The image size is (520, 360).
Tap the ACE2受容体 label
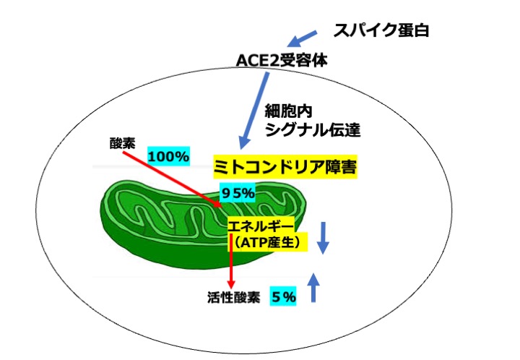coord(283,61)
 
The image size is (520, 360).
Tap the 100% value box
coord(168,155)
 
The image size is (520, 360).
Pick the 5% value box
coord(284,296)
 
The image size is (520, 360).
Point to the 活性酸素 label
coord(230,296)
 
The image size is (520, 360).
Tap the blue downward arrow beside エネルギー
coord(324,237)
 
